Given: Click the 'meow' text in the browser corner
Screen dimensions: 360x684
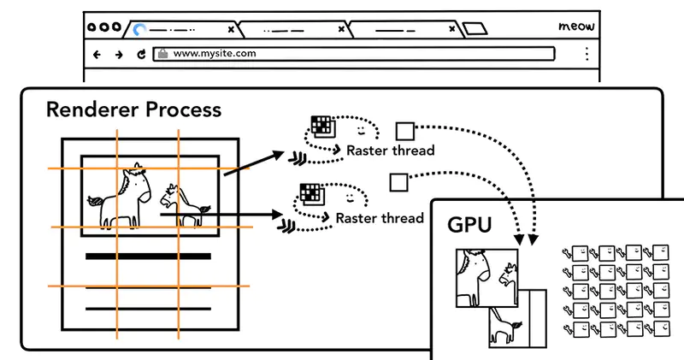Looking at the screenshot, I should pyautogui.click(x=576, y=27).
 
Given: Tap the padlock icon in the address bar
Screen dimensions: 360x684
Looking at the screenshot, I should pyautogui.click(x=162, y=54).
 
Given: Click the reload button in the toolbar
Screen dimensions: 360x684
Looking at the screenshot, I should pyautogui.click(x=141, y=54).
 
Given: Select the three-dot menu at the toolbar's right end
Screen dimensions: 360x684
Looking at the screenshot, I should pyautogui.click(x=587, y=54).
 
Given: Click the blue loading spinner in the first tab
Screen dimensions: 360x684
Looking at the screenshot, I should pyautogui.click(x=139, y=30).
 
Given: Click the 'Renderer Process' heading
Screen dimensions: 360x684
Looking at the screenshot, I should pyautogui.click(x=133, y=109).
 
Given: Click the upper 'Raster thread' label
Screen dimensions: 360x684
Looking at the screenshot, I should pyautogui.click(x=390, y=150).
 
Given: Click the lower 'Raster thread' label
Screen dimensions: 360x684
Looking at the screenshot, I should pyautogui.click(x=380, y=218).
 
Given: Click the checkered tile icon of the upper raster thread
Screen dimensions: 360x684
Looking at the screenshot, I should pyautogui.click(x=320, y=126).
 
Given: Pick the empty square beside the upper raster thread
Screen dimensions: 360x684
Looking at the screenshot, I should pyautogui.click(x=404, y=131).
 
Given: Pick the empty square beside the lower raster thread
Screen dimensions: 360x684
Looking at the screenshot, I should pyautogui.click(x=396, y=182).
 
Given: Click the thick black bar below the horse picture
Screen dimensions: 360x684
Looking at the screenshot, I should pyautogui.click(x=148, y=256).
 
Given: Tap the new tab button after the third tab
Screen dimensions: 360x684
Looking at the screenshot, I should pyautogui.click(x=475, y=29).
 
